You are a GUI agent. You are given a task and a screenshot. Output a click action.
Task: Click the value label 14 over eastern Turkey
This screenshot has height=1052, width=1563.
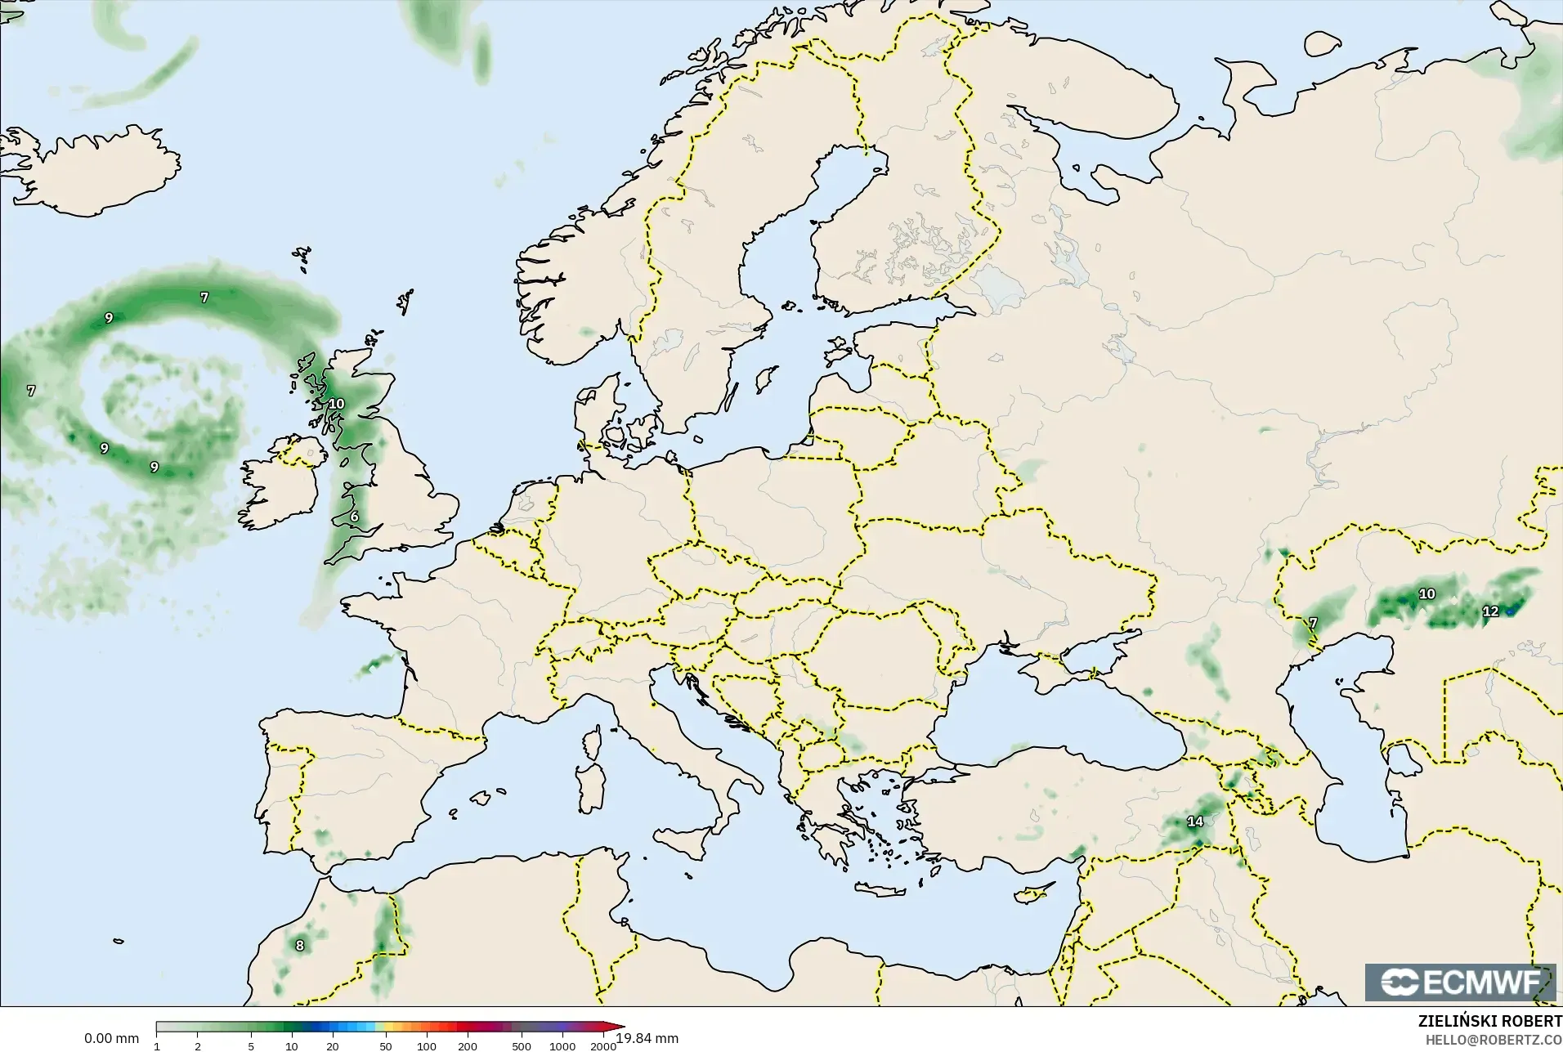(1195, 821)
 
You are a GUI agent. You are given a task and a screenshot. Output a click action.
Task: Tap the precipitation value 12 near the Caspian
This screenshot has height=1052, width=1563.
(1490, 611)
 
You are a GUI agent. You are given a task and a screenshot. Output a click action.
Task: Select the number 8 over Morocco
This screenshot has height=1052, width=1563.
(300, 946)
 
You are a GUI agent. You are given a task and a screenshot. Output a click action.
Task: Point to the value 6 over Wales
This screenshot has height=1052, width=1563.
(354, 517)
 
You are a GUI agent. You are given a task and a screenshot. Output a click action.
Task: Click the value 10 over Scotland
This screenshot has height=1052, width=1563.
(336, 404)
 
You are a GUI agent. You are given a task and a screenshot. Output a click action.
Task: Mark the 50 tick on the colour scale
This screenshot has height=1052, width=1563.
(385, 1045)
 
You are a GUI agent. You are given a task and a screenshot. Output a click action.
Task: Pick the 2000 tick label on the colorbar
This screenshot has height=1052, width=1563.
(603, 1045)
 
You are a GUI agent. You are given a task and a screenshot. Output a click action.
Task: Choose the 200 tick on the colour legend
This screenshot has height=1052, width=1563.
(468, 1045)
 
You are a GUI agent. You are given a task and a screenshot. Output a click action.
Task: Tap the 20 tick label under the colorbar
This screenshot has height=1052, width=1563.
(332, 1045)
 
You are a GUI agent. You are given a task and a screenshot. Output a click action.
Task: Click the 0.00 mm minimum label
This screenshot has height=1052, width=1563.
(111, 1038)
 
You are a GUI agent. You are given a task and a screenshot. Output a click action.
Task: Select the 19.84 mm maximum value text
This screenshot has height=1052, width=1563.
(647, 1038)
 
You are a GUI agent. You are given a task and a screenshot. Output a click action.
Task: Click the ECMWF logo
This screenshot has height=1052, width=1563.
(1460, 982)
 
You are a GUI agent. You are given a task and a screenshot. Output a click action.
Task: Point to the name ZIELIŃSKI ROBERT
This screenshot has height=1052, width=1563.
(1489, 1022)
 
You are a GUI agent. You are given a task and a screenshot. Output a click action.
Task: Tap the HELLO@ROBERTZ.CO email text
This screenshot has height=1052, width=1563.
(1494, 1040)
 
